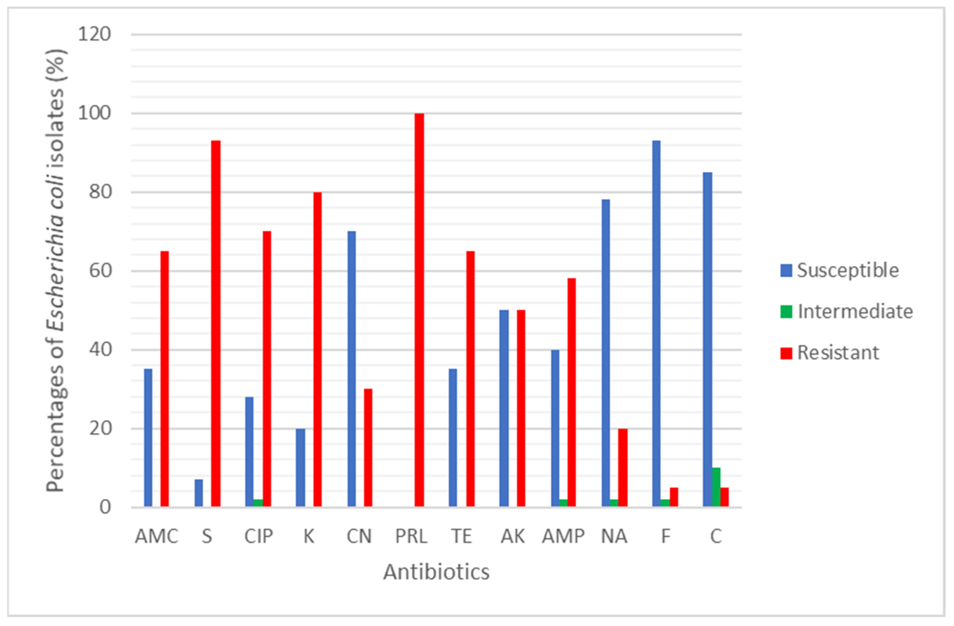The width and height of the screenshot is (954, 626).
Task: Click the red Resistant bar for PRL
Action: [x=419, y=310]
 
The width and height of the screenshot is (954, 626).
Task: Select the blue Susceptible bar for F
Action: [x=656, y=324]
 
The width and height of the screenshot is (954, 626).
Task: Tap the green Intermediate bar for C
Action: [x=716, y=487]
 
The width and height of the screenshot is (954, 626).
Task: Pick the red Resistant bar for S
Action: [x=216, y=324]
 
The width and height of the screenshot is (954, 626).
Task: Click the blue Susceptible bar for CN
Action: [x=351, y=369]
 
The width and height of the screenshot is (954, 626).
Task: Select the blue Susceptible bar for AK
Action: [x=504, y=408]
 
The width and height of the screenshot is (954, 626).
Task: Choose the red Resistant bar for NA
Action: [x=623, y=468]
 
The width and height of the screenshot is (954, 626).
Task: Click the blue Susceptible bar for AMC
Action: [x=148, y=438]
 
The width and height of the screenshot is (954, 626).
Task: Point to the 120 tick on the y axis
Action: [x=95, y=34]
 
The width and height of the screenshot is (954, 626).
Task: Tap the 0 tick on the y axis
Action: [x=105, y=508]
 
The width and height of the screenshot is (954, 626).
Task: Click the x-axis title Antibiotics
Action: [x=436, y=572]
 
